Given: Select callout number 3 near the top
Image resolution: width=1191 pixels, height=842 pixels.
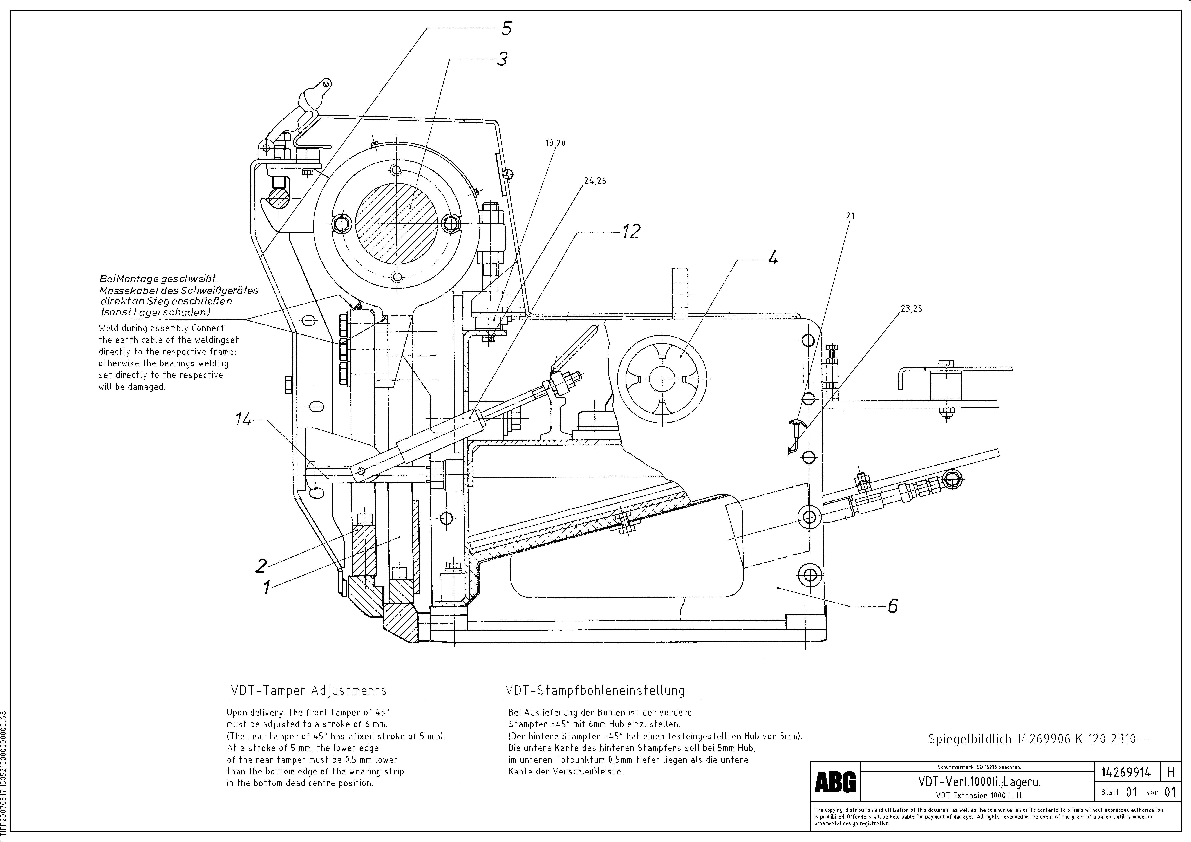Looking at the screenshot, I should pos(502,59).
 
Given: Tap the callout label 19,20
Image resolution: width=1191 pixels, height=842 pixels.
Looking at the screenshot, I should pos(555,143).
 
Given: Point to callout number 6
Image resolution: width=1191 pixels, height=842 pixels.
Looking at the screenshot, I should pos(892,606).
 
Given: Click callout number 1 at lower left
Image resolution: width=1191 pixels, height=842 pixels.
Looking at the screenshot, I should pos(267,588).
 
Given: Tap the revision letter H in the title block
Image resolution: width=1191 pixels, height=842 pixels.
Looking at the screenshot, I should pos(1171,773).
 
